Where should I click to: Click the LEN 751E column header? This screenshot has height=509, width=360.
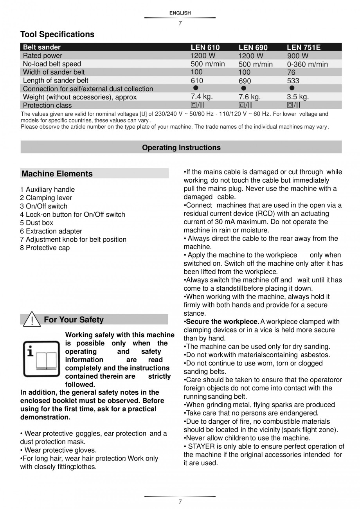pyautogui.click(x=303, y=47)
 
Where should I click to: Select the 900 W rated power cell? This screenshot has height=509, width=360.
pyautogui.click(x=298, y=56)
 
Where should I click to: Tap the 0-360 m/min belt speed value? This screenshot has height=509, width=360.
pyautogui.click(x=307, y=64)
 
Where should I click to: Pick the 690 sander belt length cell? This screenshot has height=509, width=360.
pyautogui.click(x=245, y=81)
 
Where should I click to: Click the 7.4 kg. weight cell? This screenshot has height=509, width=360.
pyautogui.click(x=202, y=96)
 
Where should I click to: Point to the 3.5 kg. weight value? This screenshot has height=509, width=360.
pyautogui.click(x=298, y=97)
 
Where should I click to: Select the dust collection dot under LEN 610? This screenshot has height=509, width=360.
pyautogui.click(x=196, y=88)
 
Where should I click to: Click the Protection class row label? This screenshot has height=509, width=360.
pyautogui.click(x=47, y=105)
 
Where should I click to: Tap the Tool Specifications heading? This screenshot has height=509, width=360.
pyautogui.click(x=57, y=34)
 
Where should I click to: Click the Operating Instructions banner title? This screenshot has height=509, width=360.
pyautogui.click(x=181, y=147)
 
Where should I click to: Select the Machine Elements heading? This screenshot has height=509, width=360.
pyautogui.click(x=57, y=174)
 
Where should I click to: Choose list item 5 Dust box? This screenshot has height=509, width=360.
pyautogui.click(x=37, y=223)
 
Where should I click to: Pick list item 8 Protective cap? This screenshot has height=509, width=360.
pyautogui.click(x=45, y=248)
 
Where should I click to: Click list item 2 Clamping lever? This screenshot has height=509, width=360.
pyautogui.click(x=46, y=198)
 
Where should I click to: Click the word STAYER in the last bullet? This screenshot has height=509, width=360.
pyautogui.click(x=201, y=446)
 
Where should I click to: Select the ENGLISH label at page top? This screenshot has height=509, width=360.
pyautogui.click(x=180, y=13)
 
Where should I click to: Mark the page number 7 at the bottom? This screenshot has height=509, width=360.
pyautogui.click(x=180, y=502)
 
